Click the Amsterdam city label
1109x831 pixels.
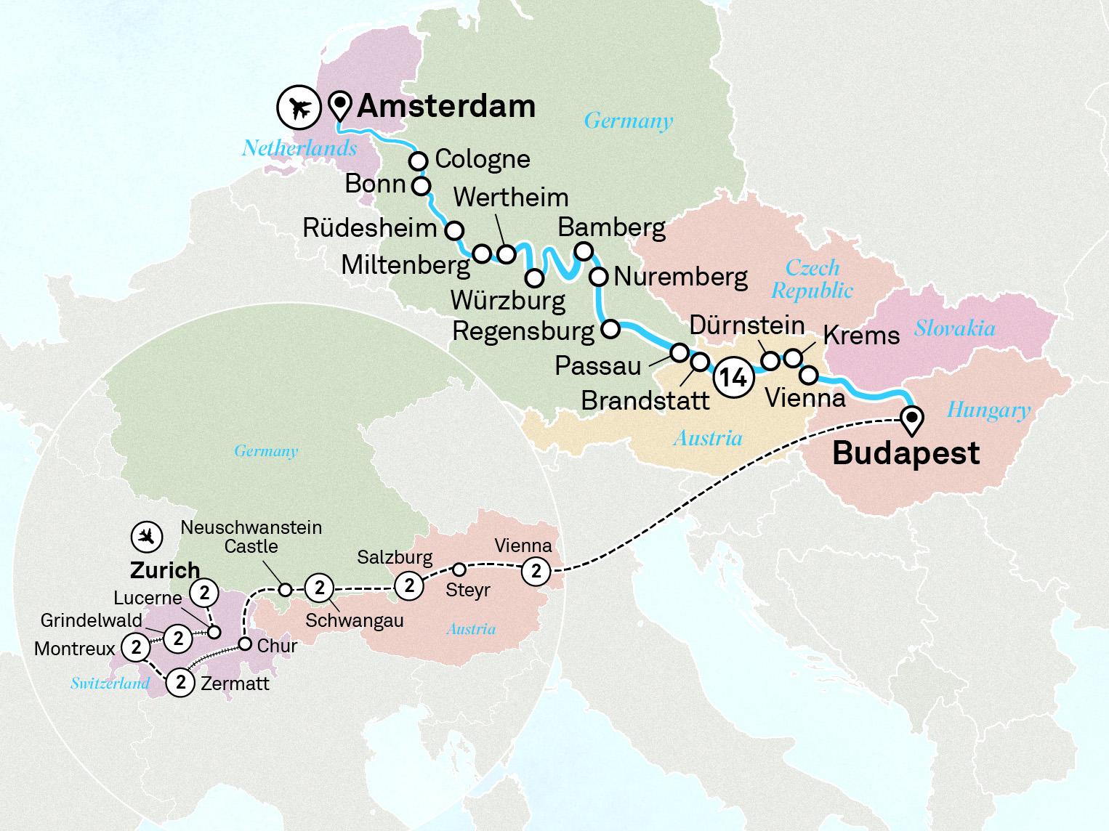click(x=446, y=107)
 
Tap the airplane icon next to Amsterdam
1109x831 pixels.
click(x=299, y=108)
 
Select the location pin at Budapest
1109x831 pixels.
click(x=911, y=420)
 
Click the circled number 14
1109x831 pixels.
click(x=733, y=378)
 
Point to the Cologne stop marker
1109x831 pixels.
click(x=418, y=160)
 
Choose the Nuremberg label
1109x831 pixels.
click(x=680, y=277)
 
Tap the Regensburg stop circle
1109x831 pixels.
click(x=610, y=329)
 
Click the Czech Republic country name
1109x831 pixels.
click(x=812, y=279)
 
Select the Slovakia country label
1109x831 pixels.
click(x=954, y=328)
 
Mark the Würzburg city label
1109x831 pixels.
click(x=507, y=300)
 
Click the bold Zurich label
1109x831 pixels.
click(x=165, y=570)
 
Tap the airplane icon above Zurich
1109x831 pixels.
click(x=147, y=537)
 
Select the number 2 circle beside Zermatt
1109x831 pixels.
click(x=181, y=683)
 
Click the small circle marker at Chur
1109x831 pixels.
click(x=246, y=644)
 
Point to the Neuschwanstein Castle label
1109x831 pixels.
click(x=251, y=537)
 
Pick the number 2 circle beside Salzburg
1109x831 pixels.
click(x=409, y=585)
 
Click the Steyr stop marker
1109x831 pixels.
click(x=459, y=569)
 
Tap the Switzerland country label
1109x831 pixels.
click(x=110, y=684)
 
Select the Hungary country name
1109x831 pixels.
click(x=988, y=410)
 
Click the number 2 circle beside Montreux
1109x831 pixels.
click(x=136, y=646)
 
